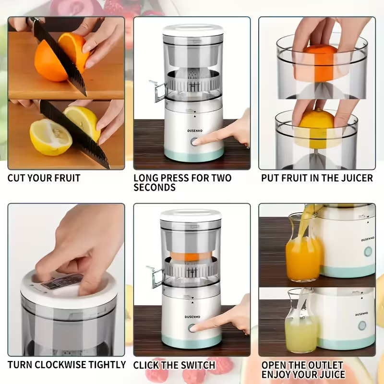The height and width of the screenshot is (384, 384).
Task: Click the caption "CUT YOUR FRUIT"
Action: coord(44,178)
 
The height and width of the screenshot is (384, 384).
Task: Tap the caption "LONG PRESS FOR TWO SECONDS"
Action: coord(182,182)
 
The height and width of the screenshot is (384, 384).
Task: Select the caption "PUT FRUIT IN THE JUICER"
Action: coord(317,178)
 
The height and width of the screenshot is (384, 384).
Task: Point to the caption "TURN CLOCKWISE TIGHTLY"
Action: coord(66,365)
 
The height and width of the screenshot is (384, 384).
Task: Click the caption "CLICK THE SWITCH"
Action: coord(174,365)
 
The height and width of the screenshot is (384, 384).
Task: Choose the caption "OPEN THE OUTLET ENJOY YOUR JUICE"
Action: coord(303,370)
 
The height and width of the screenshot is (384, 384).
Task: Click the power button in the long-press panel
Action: coord(194,142)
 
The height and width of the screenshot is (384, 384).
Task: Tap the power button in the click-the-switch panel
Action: coord(192,328)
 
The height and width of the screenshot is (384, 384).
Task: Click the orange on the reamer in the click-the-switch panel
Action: coord(192,256)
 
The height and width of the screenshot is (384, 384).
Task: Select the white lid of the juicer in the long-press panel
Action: coord(192,29)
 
